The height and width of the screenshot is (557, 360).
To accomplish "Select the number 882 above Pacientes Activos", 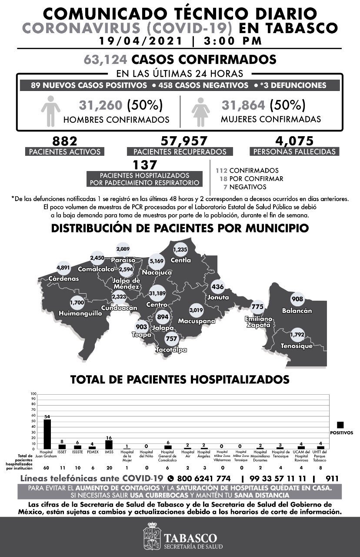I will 64,141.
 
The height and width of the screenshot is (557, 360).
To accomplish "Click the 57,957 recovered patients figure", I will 184,141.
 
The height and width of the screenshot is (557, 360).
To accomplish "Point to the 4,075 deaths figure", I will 294,141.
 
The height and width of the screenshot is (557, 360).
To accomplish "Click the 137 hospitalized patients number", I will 147,164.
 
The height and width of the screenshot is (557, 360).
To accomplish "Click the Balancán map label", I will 297,311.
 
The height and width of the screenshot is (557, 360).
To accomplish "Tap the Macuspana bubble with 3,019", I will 196,310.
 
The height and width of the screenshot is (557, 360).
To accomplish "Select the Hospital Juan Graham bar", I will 47,434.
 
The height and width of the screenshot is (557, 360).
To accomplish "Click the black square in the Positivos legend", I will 340,425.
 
